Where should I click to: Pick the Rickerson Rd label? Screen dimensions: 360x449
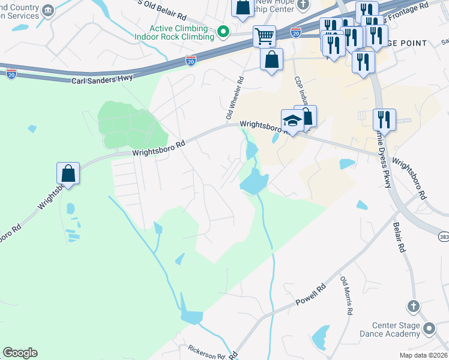pyautogui.click(x=206, y=350)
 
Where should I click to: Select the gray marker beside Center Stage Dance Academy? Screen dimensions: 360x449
pyautogui.click(x=429, y=328)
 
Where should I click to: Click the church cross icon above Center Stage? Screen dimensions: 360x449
pyautogui.click(x=413, y=307)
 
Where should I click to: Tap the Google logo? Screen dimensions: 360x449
pyautogui.click(x=20, y=353)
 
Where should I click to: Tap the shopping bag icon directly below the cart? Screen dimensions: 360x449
pyautogui.click(x=271, y=59)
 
